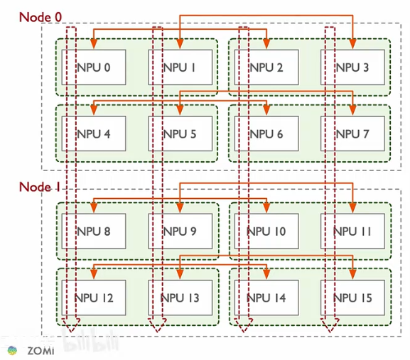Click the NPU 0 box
tap(94, 67)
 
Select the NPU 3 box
tap(352, 67)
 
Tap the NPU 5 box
tap(180, 133)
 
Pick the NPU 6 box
tap(266, 133)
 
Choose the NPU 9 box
tap(180, 231)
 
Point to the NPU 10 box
tap(266, 231)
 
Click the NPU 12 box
tap(94, 298)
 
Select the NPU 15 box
tap(352, 298)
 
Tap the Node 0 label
tap(41, 17)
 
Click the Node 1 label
tap(40, 187)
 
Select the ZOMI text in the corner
tap(41, 351)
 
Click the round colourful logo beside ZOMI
tap(12, 350)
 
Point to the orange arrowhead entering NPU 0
tap(94, 44)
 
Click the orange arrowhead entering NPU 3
tap(352, 44)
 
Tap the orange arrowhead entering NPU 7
tap(352, 110)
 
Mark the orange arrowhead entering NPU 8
tap(94, 208)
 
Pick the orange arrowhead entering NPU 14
tap(266, 274)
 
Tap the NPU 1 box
tap(180, 67)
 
